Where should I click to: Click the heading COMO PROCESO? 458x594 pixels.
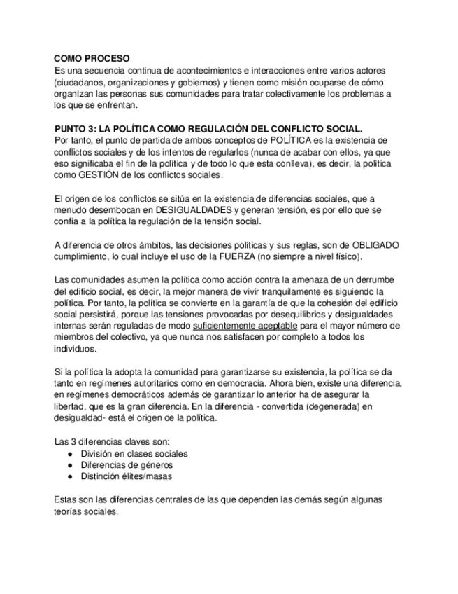92,60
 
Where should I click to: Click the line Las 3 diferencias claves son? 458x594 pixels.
111,441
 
